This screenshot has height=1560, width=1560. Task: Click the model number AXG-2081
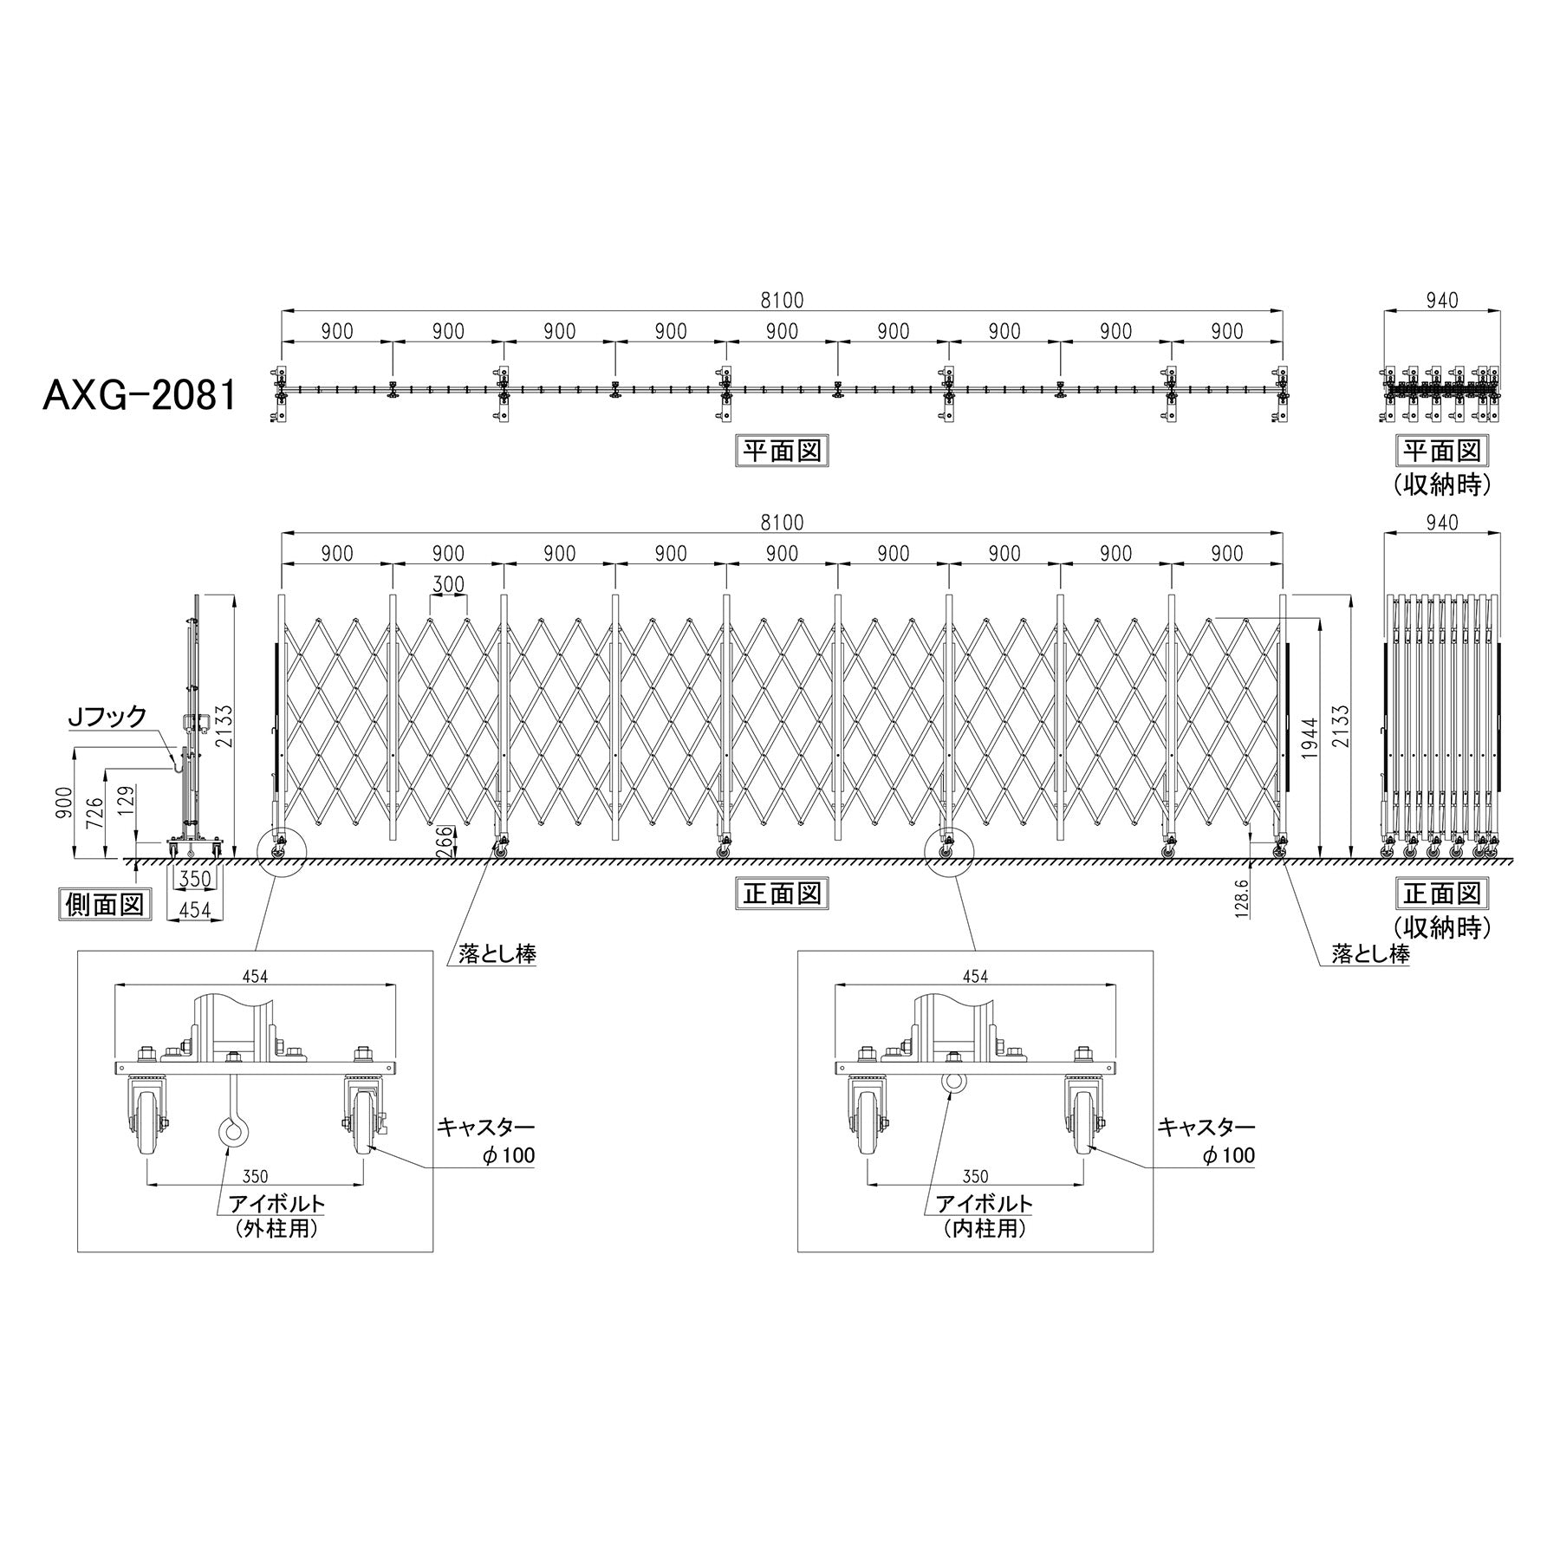(140, 397)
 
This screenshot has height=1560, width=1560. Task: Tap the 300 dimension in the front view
(448, 584)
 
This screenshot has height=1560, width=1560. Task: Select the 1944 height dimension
(1310, 738)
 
